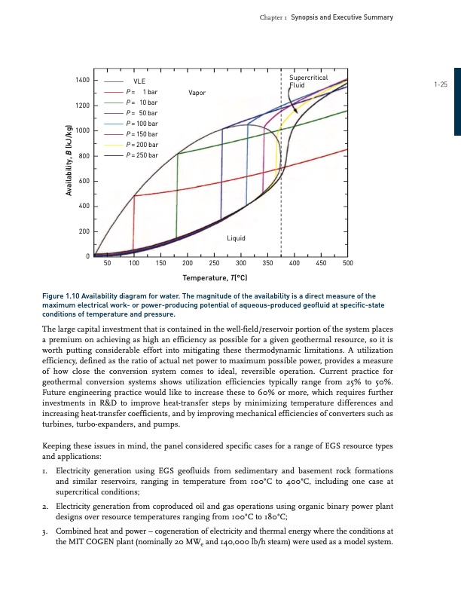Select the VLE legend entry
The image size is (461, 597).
coord(139,81)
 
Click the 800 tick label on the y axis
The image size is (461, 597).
coord(84,156)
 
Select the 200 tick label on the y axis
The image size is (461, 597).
coord(84,231)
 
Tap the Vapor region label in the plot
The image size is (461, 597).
coord(198,92)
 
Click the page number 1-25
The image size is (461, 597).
coord(441,85)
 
